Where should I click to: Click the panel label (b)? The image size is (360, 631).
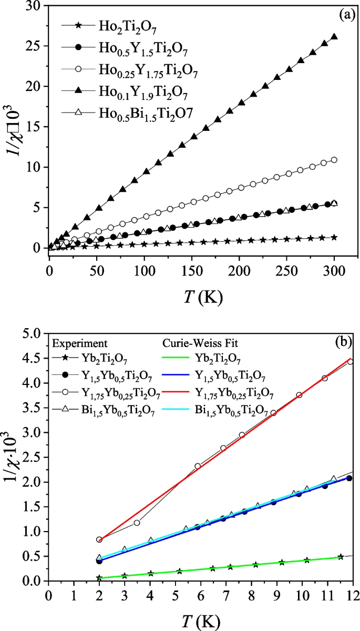point(345,341)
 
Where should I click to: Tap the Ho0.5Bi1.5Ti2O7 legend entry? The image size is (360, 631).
point(135,113)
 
